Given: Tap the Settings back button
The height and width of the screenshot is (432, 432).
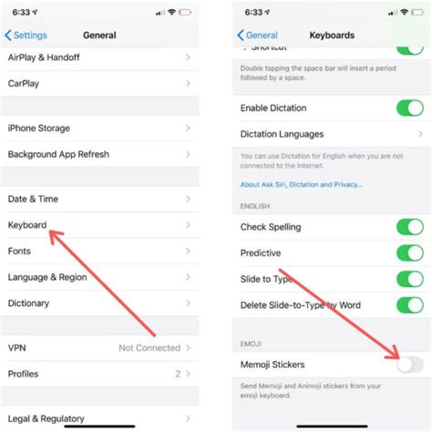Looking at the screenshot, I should pos(26,36).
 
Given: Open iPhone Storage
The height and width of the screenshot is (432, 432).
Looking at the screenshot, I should pos(39,129).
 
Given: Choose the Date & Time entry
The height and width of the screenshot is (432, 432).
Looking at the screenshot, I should pos(33,199).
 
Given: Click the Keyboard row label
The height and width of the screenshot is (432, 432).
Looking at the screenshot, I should pos(27,224).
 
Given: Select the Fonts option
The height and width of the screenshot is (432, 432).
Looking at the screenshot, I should pos(20,250).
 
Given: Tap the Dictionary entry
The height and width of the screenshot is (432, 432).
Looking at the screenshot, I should pos(29,303).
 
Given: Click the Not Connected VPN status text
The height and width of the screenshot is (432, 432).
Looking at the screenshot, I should pos(149,348).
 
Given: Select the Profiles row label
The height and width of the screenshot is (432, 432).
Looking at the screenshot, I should pos(24,374).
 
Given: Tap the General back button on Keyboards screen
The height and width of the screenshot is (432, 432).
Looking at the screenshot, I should pos(259,36).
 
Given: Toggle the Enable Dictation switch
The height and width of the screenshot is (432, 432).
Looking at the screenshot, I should pos(409,108).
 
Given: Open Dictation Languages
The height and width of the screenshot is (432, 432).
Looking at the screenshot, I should pos(282,134).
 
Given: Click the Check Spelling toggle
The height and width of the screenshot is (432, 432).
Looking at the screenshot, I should pos(409,226).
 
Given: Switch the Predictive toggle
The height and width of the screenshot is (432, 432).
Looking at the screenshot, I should pos(409,252).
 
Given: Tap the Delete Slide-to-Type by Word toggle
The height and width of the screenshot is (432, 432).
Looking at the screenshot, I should pos(409,306).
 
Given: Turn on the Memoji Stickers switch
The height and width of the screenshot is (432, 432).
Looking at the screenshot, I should pos(409,365).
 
